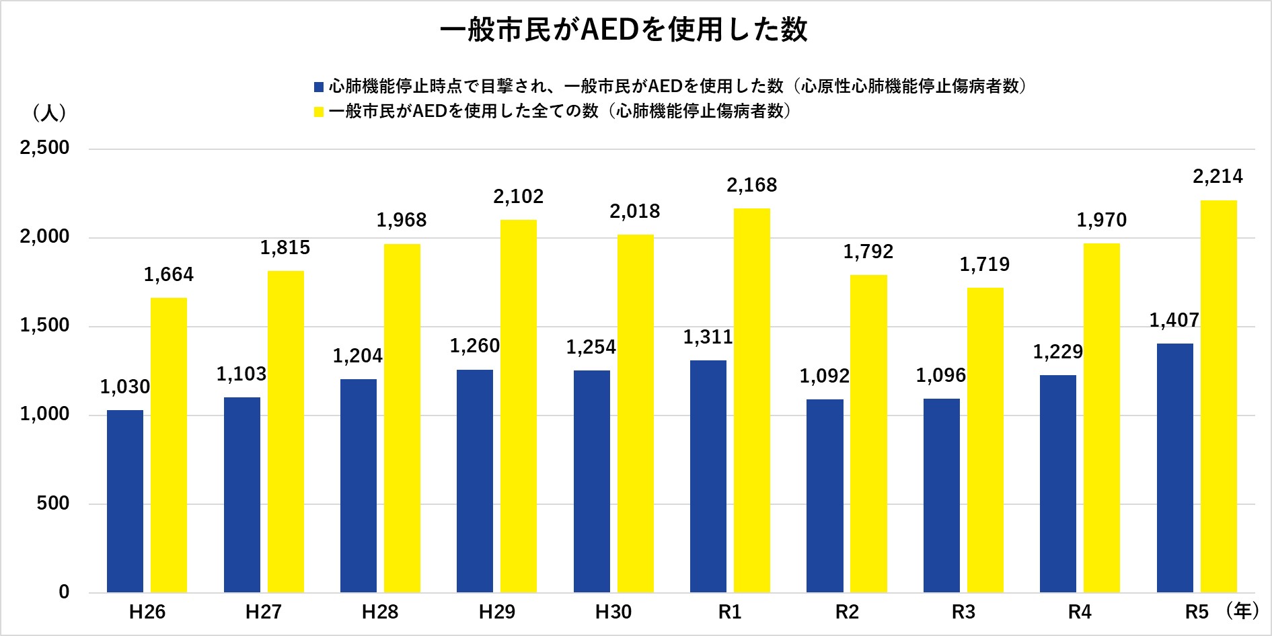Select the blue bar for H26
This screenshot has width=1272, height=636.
point(125,501)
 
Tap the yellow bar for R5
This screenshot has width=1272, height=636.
point(1219,397)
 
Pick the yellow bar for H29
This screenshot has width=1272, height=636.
point(519,406)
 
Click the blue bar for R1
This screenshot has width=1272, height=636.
point(708,476)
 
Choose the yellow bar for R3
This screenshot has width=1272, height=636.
point(985,440)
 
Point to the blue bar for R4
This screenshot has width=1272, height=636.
point(1058,483)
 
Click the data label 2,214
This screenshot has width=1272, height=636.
point(1218,177)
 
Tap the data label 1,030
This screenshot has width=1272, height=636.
point(125,387)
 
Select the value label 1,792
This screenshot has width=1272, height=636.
point(868,252)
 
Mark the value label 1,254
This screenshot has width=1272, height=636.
point(591,348)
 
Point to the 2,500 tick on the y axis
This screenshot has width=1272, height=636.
point(45,148)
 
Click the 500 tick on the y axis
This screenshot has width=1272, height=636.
point(54,504)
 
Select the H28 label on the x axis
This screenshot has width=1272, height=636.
point(380,612)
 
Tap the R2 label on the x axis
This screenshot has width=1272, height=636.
point(847,612)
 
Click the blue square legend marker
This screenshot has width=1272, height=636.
point(319,87)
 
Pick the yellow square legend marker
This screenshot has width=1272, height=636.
point(319,112)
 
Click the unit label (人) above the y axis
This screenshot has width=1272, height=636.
point(49,113)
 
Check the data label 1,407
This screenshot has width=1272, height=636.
point(1174,321)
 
